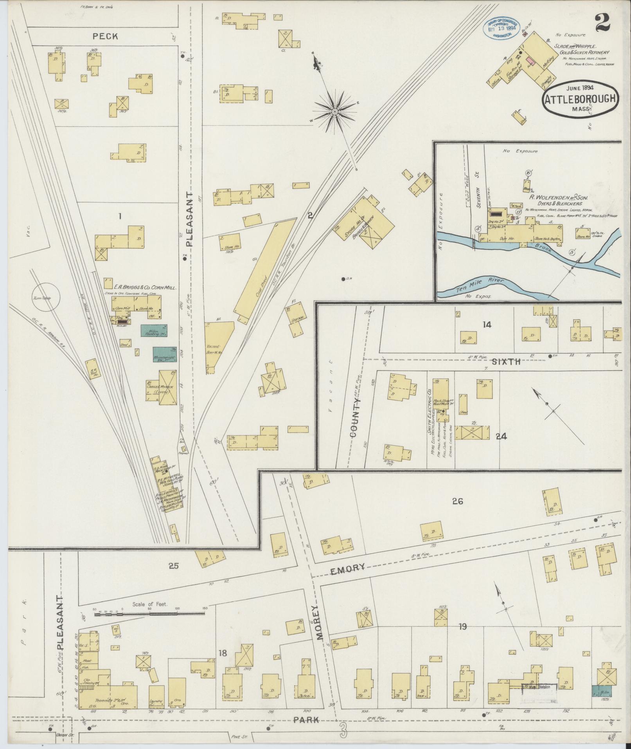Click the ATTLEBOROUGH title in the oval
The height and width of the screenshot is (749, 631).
click(580, 100)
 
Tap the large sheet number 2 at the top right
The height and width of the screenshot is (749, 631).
click(602, 22)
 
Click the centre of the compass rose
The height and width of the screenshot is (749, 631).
click(335, 112)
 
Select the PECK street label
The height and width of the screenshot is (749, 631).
click(105, 36)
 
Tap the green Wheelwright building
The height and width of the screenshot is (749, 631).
click(164, 354)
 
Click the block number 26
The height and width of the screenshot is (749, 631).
click(457, 501)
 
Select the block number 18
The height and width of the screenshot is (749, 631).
click(223, 652)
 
